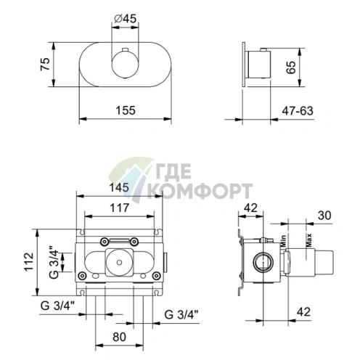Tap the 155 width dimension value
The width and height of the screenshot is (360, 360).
tap(126, 110)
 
